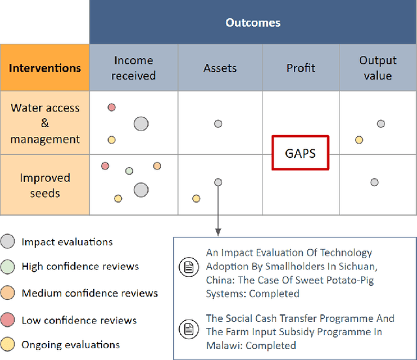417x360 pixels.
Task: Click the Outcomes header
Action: (x=253, y=23)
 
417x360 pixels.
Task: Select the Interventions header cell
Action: (x=45, y=68)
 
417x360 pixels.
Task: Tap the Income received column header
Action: (x=134, y=68)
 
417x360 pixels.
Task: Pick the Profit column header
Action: (x=300, y=68)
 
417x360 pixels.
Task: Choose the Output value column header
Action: (x=378, y=68)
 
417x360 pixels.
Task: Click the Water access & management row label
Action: (x=45, y=123)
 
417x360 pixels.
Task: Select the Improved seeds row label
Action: (x=45, y=185)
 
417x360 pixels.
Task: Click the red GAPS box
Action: (x=300, y=154)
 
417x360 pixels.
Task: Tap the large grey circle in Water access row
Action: (x=141, y=123)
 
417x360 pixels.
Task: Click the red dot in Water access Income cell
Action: (x=111, y=107)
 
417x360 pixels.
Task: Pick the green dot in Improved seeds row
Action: (x=129, y=171)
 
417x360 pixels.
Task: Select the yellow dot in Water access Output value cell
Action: (x=359, y=140)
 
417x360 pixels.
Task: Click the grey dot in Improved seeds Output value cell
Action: (x=374, y=182)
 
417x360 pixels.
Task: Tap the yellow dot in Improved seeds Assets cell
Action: (x=195, y=198)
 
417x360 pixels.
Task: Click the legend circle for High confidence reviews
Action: (x=8, y=266)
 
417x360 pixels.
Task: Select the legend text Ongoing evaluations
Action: (x=70, y=345)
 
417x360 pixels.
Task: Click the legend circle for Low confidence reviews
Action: (x=8, y=320)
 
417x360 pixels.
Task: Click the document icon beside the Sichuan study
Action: (x=187, y=267)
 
